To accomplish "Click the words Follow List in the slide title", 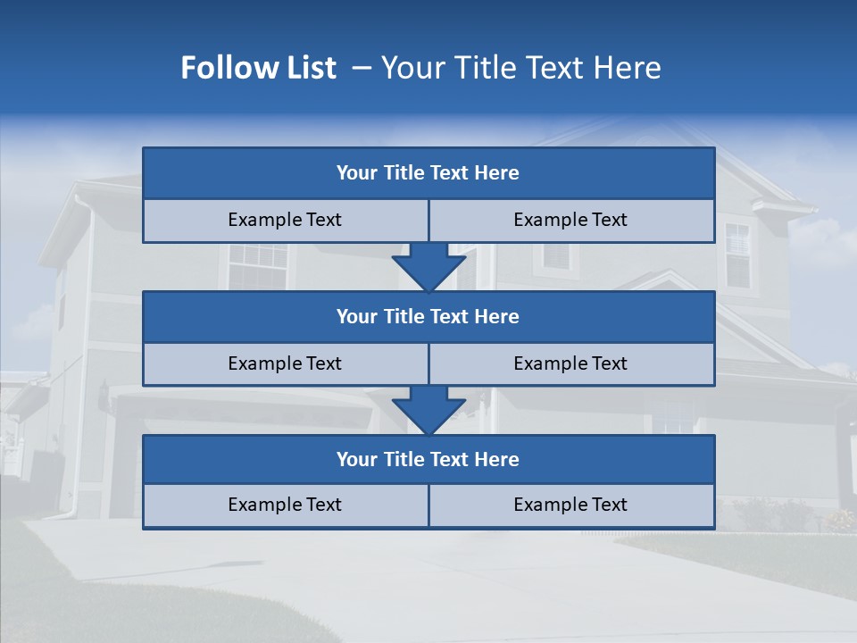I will point(258,68).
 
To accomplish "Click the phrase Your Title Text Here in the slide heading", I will point(520,68).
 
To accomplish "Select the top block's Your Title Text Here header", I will point(428,173).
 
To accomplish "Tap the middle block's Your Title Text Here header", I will point(428,316).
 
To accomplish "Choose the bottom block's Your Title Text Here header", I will point(428,459).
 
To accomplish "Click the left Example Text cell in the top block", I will point(285,220).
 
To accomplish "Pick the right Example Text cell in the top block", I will point(570,220).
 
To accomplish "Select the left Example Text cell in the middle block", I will point(285,363).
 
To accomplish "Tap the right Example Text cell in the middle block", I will point(570,363).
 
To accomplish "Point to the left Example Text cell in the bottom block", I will point(285,505).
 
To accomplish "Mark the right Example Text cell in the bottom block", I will point(570,505).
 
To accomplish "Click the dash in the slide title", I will point(362,68).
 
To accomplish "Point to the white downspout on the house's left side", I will point(87,357).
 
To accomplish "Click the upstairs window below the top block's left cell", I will point(258,265).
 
